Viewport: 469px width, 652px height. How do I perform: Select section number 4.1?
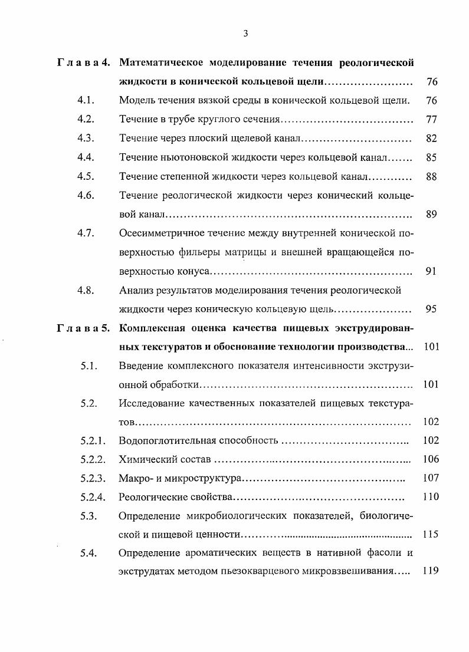(x=86, y=101)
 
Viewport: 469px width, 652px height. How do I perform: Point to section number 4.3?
(x=86, y=139)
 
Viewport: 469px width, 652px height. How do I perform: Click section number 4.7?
(x=86, y=233)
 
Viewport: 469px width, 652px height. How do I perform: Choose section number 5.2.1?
(x=93, y=440)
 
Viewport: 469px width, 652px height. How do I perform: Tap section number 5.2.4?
(x=93, y=497)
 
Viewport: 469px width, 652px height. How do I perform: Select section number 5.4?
(x=88, y=554)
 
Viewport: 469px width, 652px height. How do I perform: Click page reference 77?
(x=431, y=120)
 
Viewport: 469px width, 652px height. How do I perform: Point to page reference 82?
(x=431, y=139)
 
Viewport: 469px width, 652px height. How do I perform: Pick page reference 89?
(x=431, y=215)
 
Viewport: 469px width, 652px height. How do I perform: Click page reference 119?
(x=431, y=572)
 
